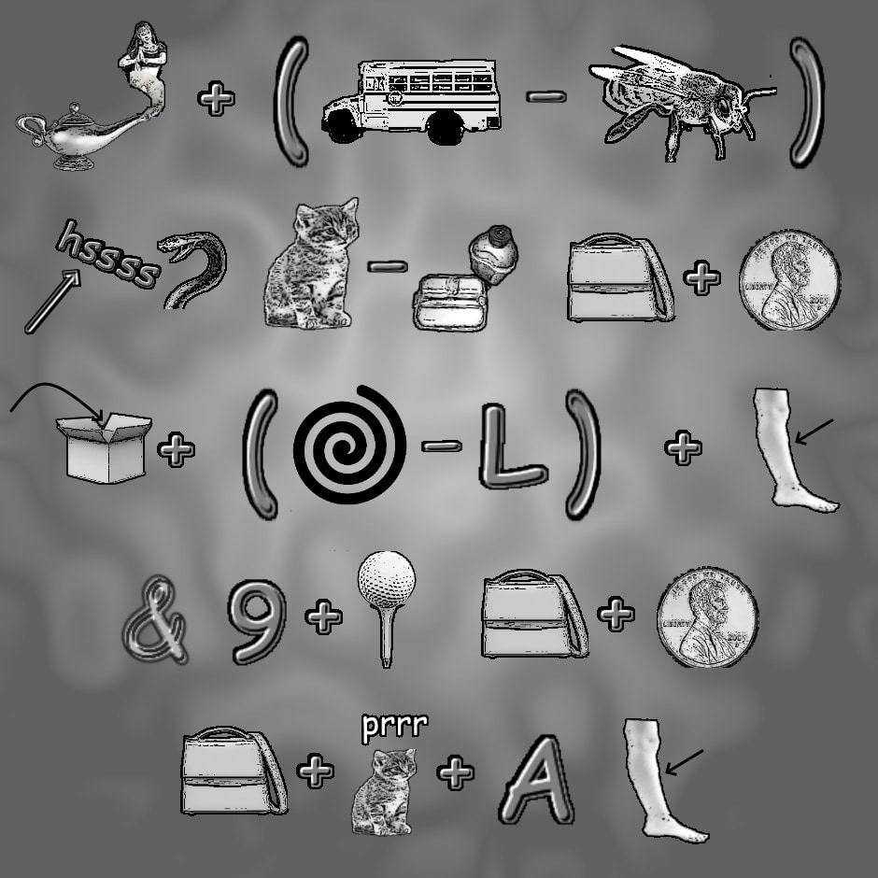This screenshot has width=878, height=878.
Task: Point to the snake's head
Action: [x=175, y=248]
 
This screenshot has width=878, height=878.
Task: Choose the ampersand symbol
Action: [x=155, y=618]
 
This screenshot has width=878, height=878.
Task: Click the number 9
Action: [x=257, y=621]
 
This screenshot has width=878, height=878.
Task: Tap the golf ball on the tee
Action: [x=387, y=579]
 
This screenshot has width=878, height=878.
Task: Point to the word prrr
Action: [x=395, y=727]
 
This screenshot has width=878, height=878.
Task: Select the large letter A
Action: [x=536, y=779]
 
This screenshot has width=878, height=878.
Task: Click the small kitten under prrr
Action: [x=385, y=791]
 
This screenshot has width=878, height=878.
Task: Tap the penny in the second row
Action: [x=789, y=279]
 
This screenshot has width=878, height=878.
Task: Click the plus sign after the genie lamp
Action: [x=216, y=99]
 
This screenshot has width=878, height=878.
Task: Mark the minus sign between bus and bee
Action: [x=546, y=97]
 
